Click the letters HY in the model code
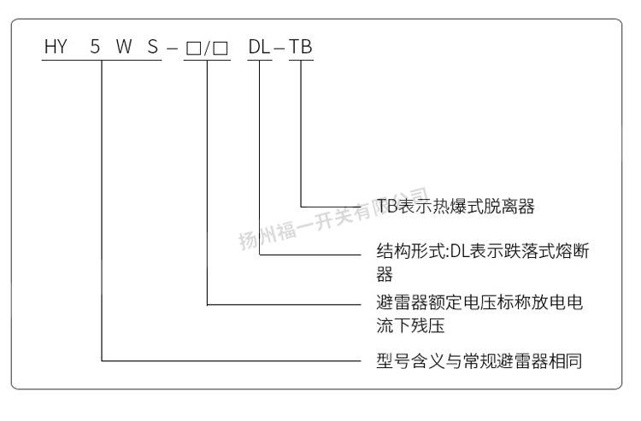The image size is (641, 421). coord(55,48)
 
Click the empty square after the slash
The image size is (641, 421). coord(221,49)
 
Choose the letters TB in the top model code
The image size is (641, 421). coord(301,48)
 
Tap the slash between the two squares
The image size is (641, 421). coord(206,49)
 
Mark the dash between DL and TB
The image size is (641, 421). coord(279,49)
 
